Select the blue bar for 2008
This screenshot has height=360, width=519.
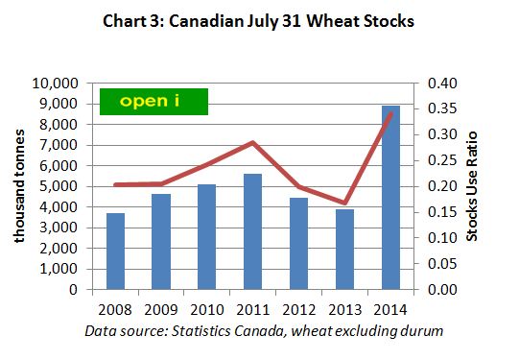click(x=115, y=251)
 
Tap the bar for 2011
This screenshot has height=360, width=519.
click(x=250, y=231)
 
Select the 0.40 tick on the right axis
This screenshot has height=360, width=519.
click(x=436, y=84)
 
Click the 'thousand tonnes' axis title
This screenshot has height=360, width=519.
click(x=19, y=186)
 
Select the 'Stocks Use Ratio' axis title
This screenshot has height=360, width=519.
click(x=473, y=186)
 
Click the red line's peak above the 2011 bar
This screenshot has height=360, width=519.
click(x=251, y=143)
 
